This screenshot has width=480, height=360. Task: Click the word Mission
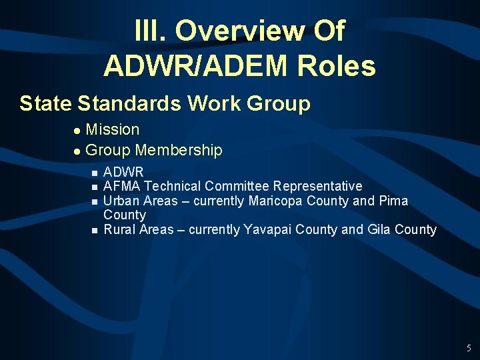click(x=113, y=129)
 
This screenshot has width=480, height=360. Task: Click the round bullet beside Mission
click(x=77, y=131)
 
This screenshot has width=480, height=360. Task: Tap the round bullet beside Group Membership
click(x=77, y=151)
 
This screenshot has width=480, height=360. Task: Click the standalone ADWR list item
click(x=123, y=173)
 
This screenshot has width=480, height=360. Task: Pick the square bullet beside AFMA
click(x=94, y=187)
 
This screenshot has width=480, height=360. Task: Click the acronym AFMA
click(x=122, y=186)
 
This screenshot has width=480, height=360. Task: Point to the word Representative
click(x=317, y=186)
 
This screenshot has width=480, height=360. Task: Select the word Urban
click(x=121, y=201)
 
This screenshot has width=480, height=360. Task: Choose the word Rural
click(x=120, y=230)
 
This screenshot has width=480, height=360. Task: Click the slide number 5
click(x=469, y=347)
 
